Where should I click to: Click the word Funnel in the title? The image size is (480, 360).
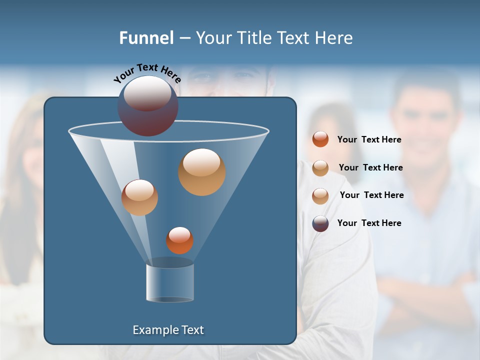tap(146, 38)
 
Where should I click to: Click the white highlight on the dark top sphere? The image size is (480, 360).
tap(147, 93)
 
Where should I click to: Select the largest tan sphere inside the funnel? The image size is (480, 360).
tap(201, 172)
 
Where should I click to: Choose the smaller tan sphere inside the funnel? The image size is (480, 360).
tap(139, 197)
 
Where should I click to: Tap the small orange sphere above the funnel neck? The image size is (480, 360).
tap(179, 240)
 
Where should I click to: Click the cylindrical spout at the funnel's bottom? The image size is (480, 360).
tap(170, 282)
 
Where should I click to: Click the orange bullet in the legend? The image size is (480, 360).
tap(320, 139)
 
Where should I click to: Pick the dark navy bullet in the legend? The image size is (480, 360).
tap(320, 223)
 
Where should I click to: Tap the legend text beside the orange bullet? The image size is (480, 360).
tap(369, 139)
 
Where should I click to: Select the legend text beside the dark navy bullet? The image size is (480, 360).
tap(369, 223)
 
